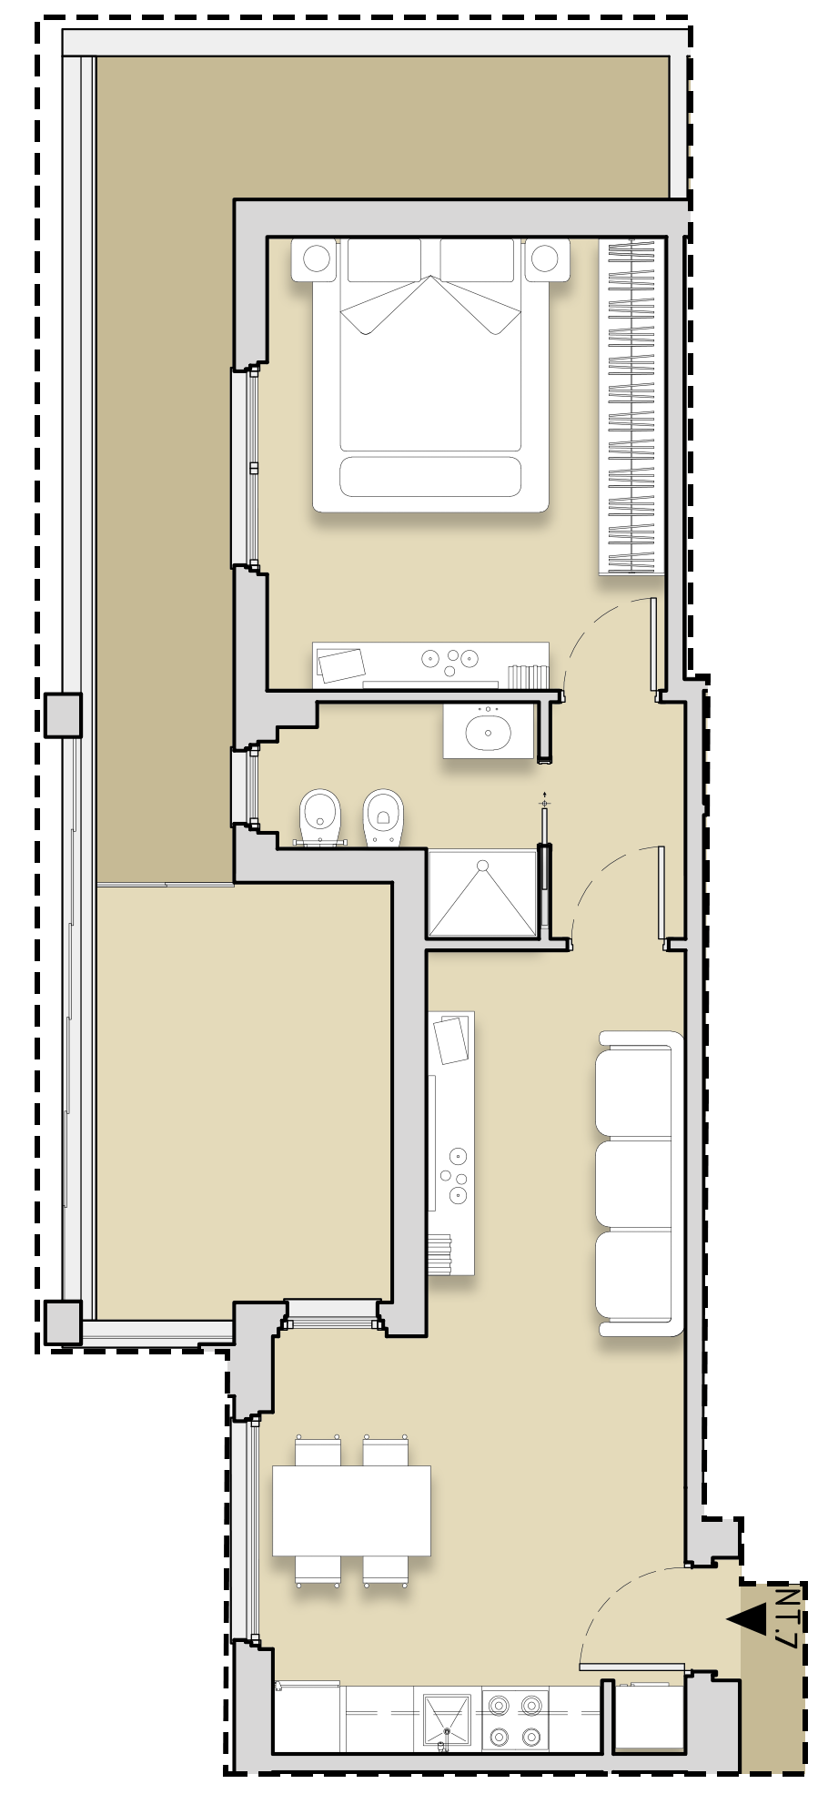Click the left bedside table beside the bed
point(317,259)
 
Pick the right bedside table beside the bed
point(545,259)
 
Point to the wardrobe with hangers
point(631,407)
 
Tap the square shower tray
point(482,893)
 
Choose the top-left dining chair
point(318,1450)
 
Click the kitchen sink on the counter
point(447,1718)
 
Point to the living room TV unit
point(451,1143)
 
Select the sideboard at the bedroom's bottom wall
point(430,664)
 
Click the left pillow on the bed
point(384,260)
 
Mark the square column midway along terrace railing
point(63,715)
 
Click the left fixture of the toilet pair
point(319,816)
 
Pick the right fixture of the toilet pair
point(383,816)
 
